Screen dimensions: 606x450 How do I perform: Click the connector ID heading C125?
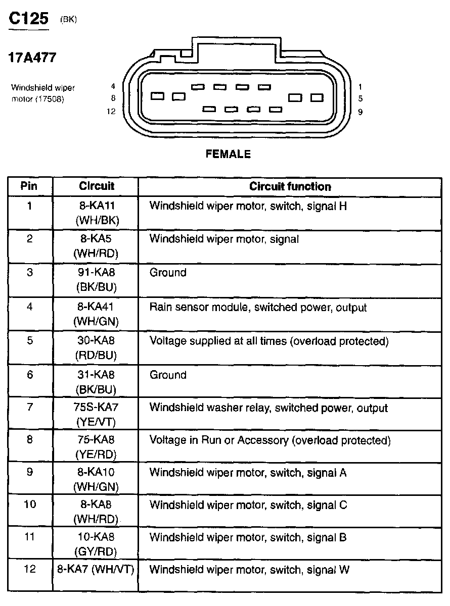click(x=29, y=19)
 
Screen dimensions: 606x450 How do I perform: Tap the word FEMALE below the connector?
click(x=228, y=155)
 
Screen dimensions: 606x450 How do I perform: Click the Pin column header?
click(x=29, y=186)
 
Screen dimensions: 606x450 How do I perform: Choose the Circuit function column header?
click(x=290, y=186)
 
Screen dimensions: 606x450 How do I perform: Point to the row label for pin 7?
click(x=30, y=408)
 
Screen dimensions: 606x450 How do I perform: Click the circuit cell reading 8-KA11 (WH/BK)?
click(x=96, y=212)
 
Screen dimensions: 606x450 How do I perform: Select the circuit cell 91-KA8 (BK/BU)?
click(x=96, y=279)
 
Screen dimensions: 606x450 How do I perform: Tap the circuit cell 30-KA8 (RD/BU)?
click(x=96, y=347)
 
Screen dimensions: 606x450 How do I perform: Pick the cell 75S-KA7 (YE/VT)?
click(x=96, y=414)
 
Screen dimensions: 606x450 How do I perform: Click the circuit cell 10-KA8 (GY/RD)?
click(x=96, y=543)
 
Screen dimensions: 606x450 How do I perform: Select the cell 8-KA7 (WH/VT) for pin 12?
click(x=96, y=570)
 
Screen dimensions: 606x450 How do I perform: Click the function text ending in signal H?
click(x=248, y=206)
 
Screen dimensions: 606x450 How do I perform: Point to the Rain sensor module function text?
click(x=258, y=307)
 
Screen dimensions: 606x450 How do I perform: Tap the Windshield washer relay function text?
click(x=268, y=408)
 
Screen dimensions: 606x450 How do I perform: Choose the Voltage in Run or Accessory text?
click(x=269, y=440)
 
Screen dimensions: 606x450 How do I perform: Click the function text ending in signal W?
click(x=249, y=570)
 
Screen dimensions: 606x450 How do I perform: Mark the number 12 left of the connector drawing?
click(x=112, y=112)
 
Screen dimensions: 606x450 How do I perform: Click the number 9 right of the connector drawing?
click(x=360, y=112)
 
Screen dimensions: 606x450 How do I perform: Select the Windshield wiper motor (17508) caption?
click(x=43, y=93)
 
